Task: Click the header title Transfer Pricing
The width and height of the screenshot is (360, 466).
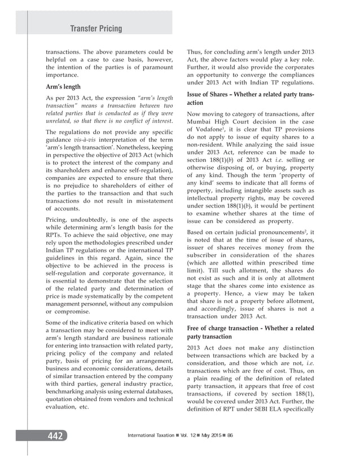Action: coord(95,28)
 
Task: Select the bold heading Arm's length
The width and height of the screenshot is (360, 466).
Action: coord(64,87)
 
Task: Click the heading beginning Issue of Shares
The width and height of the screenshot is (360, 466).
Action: coord(251,98)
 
